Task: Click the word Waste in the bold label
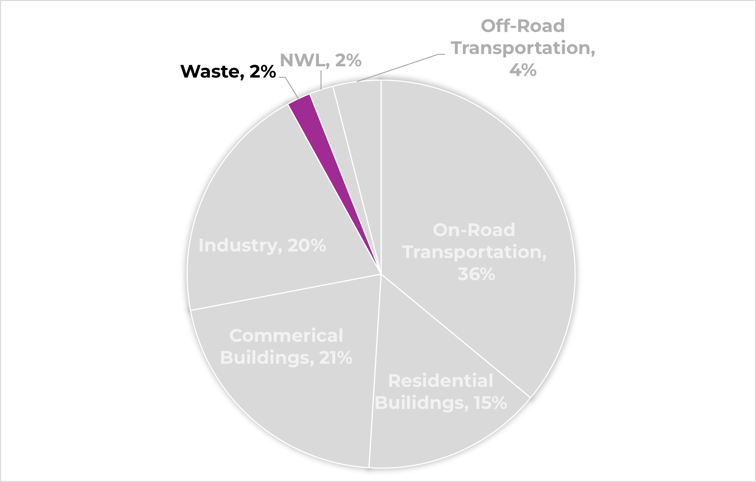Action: (x=212, y=72)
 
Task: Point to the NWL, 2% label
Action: (x=320, y=60)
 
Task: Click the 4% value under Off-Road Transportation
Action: (x=523, y=70)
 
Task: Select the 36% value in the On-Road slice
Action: (x=476, y=274)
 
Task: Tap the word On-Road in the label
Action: (x=474, y=230)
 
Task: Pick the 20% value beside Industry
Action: (x=306, y=246)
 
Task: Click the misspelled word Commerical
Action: (x=286, y=336)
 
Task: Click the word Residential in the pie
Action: (x=440, y=381)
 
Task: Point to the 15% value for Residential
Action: (x=490, y=403)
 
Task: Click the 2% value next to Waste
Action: (x=262, y=72)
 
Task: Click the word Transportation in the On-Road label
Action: (x=474, y=252)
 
